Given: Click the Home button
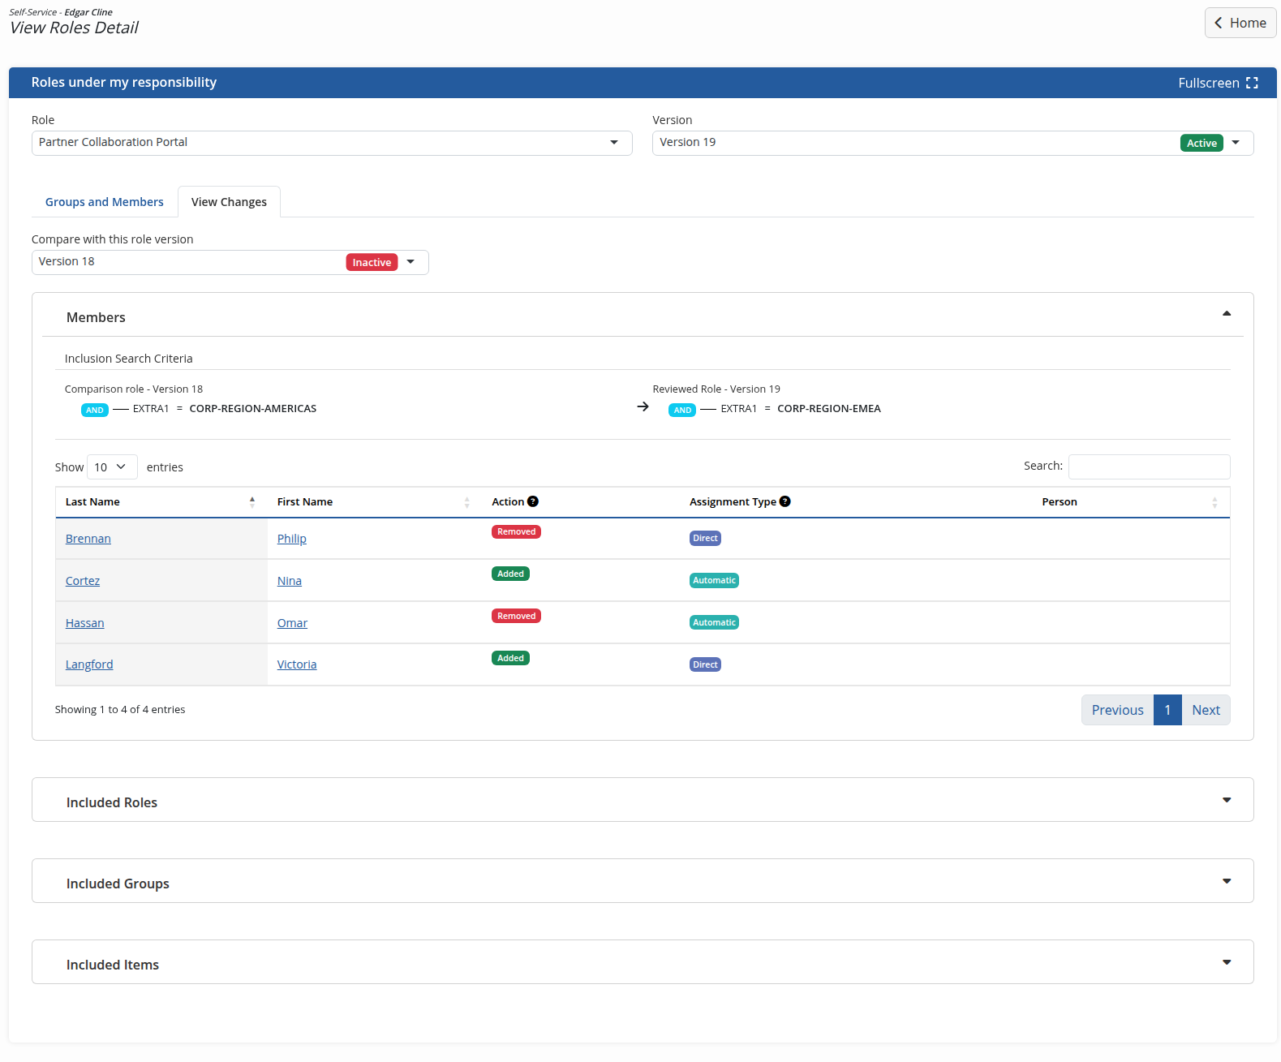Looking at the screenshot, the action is pyautogui.click(x=1240, y=24).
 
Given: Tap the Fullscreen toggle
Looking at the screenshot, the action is pyautogui.click(x=1217, y=83).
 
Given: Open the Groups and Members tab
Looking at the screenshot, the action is pyautogui.click(x=105, y=202).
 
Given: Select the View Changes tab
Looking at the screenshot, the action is pyautogui.click(x=229, y=202).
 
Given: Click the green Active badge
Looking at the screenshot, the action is pyautogui.click(x=1201, y=143).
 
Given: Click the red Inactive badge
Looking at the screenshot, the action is pyautogui.click(x=372, y=263).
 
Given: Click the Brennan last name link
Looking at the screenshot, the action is pyautogui.click(x=88, y=539).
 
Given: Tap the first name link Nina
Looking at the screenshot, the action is pyautogui.click(x=289, y=580).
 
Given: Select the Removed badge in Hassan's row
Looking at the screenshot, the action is pyautogui.click(x=516, y=616).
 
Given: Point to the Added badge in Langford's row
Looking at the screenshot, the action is pyautogui.click(x=509, y=658).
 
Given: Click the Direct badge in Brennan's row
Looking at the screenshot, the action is pyautogui.click(x=705, y=538).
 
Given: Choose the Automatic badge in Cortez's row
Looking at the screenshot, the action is pyautogui.click(x=713, y=580).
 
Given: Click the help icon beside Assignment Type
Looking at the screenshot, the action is pyautogui.click(x=785, y=501).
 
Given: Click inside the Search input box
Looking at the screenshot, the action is pyautogui.click(x=1149, y=467).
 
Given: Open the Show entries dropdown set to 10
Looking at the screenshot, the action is pyautogui.click(x=112, y=467).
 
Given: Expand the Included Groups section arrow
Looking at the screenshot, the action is pyautogui.click(x=1226, y=881).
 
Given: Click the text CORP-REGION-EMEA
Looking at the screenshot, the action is pyautogui.click(x=828, y=409).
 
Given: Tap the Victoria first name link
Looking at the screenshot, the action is pyautogui.click(x=297, y=664).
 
